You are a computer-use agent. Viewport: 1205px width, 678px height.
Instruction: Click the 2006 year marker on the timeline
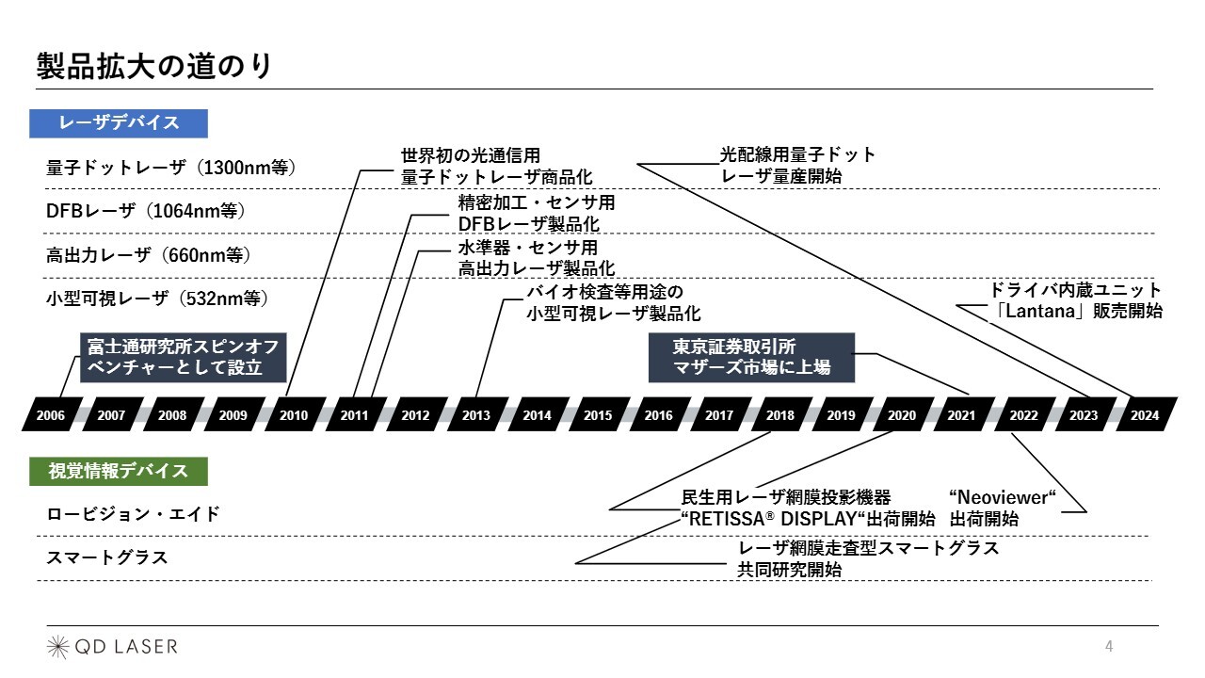coord(52,414)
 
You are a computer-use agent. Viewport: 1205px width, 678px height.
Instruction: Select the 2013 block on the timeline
coord(477,414)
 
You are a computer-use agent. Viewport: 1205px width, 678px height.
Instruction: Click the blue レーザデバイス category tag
coord(119,123)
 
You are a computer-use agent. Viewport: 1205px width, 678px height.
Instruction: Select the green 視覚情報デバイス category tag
coord(119,472)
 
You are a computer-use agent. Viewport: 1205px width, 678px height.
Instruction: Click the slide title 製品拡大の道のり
coord(154,67)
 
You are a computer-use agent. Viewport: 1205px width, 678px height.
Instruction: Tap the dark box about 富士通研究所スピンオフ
coord(183,357)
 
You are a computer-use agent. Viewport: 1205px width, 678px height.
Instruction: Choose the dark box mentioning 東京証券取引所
coord(751,357)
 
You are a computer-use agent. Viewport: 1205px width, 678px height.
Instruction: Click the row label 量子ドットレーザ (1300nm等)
coord(171,168)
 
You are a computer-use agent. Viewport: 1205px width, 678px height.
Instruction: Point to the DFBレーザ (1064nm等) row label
coord(146,211)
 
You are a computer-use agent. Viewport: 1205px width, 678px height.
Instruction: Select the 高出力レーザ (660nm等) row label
coord(149,255)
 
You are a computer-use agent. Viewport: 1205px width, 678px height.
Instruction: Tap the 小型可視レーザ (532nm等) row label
coord(157,299)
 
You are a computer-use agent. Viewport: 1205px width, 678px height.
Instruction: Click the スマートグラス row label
coord(107,557)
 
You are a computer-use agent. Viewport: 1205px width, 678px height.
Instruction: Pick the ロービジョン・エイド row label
coord(134,514)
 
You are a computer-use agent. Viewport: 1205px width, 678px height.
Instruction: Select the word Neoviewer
coord(1003,498)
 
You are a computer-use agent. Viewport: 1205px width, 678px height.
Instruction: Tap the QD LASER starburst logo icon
coord(57,647)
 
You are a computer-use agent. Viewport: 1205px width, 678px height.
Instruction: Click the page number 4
coord(1109,646)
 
